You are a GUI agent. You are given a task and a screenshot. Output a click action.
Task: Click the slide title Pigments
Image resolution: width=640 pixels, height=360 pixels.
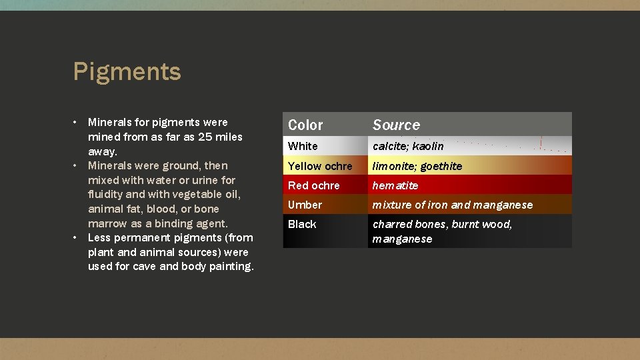pos(127,71)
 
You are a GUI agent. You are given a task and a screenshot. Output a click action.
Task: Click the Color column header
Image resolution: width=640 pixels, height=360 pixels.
pos(305,125)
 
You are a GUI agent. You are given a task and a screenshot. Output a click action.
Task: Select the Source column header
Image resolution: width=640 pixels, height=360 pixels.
pos(396,125)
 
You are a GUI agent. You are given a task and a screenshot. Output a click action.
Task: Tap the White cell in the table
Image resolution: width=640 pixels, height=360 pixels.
pos(303,146)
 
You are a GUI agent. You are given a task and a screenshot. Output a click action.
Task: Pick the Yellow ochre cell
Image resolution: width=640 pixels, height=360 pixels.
pos(320,166)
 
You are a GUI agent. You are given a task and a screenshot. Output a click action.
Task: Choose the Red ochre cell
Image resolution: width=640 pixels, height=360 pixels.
pos(313,185)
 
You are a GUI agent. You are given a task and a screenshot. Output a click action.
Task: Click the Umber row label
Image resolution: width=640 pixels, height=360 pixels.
pos(305,205)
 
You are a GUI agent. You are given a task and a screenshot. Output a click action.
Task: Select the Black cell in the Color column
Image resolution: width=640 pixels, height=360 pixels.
pos(302,224)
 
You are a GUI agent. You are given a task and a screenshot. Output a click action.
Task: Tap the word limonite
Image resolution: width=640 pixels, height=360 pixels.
pos(393,166)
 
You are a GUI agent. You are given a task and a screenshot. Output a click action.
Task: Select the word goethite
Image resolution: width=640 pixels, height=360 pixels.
pos(441,166)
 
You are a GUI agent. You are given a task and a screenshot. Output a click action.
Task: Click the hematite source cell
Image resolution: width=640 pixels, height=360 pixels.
pos(395,185)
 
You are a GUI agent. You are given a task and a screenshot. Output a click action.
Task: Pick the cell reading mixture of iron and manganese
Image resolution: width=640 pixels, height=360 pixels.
pos(453,205)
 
